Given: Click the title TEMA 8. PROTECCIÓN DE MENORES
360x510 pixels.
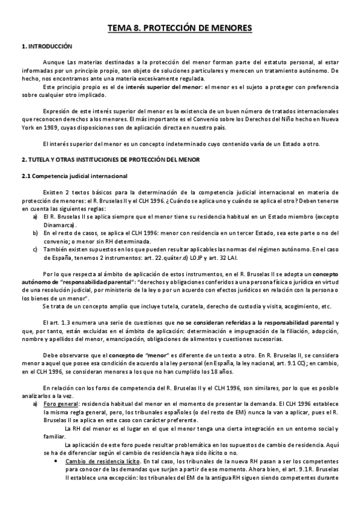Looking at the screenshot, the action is [x=180, y=28].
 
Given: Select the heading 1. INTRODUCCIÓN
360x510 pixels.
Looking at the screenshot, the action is [x=46, y=46].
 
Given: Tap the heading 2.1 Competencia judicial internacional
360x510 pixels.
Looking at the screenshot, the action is [x=72, y=176].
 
